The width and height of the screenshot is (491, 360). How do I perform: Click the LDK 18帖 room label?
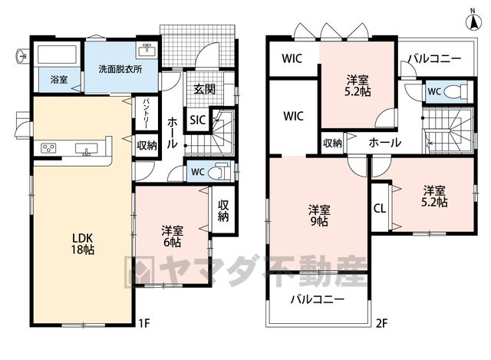click(83, 244)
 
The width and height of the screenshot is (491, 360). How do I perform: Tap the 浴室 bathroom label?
click(59, 79)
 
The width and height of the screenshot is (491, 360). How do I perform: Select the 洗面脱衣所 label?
click(120, 69)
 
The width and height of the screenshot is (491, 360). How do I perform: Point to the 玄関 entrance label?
click(204, 89)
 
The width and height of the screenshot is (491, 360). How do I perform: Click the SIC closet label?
click(198, 120)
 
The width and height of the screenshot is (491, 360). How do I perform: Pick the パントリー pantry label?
click(147, 114)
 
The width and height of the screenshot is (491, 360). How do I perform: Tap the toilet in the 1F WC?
click(219, 171)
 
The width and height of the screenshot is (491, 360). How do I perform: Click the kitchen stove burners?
click(49, 148)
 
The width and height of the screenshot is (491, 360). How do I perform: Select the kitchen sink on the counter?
click(87, 149)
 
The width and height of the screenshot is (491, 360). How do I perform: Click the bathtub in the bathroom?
click(58, 54)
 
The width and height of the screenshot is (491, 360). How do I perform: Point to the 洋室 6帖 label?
click(172, 236)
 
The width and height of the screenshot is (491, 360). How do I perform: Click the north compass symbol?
click(473, 21)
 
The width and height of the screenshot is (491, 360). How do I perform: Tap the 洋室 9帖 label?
click(319, 216)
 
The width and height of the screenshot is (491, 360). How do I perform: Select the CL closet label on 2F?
click(380, 209)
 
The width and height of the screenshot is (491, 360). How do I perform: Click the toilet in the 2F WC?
click(457, 91)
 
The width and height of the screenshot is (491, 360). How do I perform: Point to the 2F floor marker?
click(382, 323)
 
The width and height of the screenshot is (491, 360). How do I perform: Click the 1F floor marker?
click(144, 322)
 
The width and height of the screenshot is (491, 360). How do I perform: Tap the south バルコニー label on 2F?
click(318, 299)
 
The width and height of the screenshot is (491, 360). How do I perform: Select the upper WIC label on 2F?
click(292, 58)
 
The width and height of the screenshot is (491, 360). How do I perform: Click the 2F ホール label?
click(385, 143)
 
